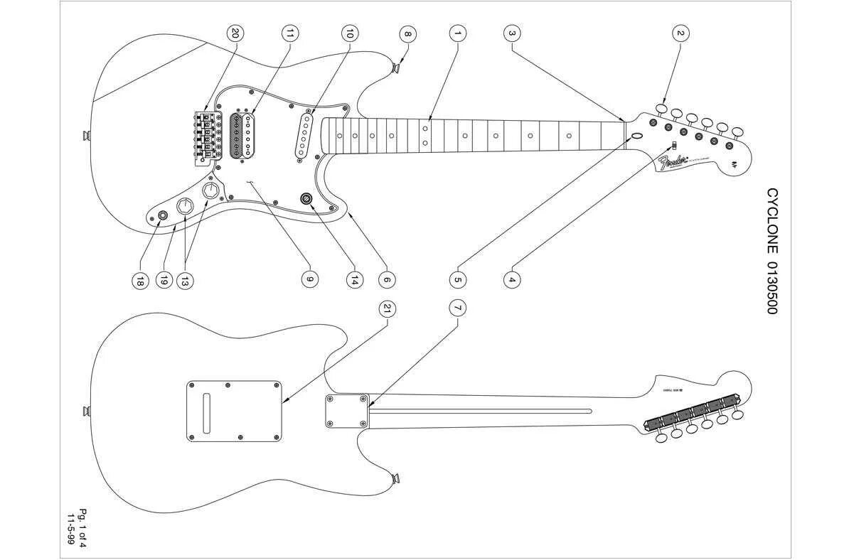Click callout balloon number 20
coord(235,33)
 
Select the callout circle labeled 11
coord(289,33)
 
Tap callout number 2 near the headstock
coord(680,33)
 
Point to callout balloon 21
coord(387,308)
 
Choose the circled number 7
coord(457,308)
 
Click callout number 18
coord(139,281)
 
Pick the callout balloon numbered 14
coord(353,280)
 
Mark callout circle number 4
coord(511,280)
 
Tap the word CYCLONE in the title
coord(772,220)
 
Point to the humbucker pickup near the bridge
coord(242,134)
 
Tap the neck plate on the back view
coord(347,411)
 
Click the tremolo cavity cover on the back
coord(234,410)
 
